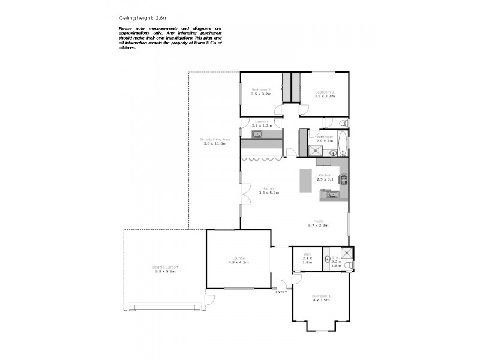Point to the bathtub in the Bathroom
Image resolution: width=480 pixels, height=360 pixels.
pyautogui.click(x=342, y=144)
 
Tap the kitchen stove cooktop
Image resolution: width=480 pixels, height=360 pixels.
pyautogui.click(x=344, y=178)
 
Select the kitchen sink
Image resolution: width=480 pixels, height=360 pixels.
pyautogui.click(x=329, y=194)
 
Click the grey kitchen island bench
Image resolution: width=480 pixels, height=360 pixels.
pyautogui.click(x=305, y=180)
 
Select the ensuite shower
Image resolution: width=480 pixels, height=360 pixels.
pyautogui.click(x=346, y=253)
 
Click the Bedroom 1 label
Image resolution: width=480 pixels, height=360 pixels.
pyautogui.click(x=321, y=296)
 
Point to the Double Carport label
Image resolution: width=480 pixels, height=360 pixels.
pyautogui.click(x=165, y=267)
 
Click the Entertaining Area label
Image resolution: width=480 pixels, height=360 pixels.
pyautogui.click(x=214, y=139)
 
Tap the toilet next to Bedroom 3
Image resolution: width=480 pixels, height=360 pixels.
pyautogui.click(x=342, y=122)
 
